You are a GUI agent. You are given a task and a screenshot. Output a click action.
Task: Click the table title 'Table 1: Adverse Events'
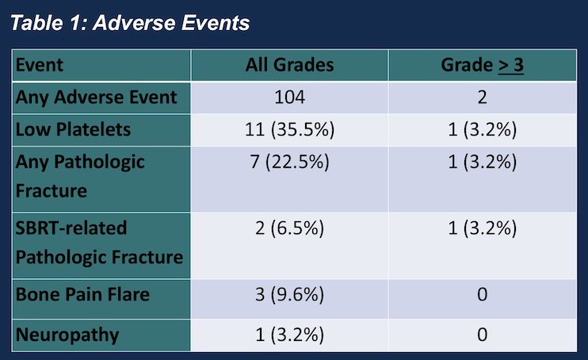130,23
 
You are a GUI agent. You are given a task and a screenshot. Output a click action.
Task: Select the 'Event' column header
40,65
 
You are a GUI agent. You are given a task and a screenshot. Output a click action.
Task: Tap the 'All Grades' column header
289,65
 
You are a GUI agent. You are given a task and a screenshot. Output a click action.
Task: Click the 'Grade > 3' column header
483,65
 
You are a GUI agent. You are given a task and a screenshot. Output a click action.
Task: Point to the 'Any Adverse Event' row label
96,98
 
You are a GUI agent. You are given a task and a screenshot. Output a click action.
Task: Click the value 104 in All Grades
289,98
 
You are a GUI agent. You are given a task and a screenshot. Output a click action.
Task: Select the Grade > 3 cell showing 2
483,98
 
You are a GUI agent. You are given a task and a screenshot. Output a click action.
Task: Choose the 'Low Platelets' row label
73,129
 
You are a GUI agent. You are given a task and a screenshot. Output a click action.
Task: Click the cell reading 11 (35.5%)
289,130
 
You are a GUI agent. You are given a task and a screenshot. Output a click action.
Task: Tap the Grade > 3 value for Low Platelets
483,130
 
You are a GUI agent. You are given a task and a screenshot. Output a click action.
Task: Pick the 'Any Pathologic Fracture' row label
80,177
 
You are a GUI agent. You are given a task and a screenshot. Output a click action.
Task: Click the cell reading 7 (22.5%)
289,163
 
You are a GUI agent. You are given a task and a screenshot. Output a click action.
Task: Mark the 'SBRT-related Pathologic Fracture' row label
99,243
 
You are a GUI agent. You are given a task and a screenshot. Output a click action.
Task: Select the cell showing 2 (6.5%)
289,228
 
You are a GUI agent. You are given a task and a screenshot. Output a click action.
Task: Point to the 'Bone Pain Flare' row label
82,294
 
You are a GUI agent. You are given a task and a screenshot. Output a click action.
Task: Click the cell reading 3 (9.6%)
289,295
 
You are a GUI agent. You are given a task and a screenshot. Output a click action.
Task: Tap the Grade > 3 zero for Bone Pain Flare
483,294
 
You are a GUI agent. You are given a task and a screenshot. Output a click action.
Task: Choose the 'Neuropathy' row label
67,335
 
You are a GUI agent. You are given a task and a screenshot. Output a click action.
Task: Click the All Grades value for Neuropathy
289,335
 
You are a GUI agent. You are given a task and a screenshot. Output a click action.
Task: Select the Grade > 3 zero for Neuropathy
483,335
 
